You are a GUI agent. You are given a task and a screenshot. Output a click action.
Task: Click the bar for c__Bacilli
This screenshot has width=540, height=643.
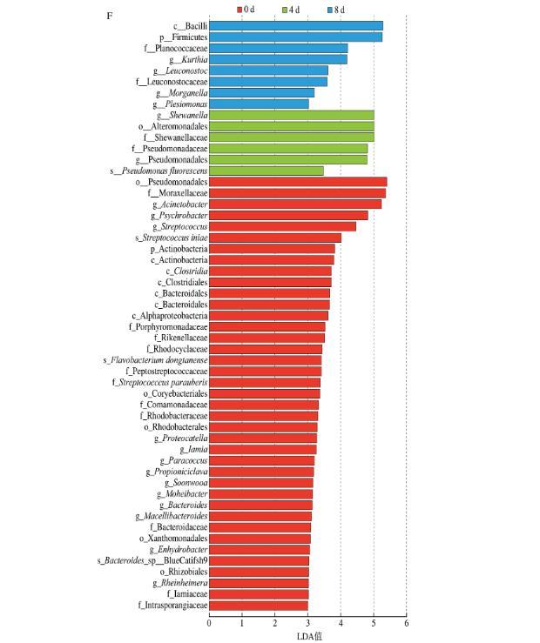(x=296, y=26)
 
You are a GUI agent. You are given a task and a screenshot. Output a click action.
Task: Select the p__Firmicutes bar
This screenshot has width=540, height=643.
(x=296, y=37)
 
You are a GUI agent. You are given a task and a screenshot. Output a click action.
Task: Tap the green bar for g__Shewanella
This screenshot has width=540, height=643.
(x=292, y=115)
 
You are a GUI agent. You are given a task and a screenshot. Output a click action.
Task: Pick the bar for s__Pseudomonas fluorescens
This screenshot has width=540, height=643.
(x=267, y=171)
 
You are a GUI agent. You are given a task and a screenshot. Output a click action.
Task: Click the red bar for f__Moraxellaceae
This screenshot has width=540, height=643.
(x=297, y=193)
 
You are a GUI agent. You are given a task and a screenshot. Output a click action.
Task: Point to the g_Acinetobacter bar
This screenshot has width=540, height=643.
(x=295, y=204)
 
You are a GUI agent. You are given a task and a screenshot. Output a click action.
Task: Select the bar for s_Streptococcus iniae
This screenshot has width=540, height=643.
(x=275, y=238)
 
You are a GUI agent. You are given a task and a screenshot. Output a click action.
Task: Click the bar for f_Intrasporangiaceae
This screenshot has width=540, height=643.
(x=259, y=605)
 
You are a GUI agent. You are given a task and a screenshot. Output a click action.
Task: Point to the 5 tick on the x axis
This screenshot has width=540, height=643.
(x=374, y=622)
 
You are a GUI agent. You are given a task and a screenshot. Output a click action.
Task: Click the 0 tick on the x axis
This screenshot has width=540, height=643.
(x=209, y=622)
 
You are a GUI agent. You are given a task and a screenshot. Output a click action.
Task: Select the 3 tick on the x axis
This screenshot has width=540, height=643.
(x=308, y=622)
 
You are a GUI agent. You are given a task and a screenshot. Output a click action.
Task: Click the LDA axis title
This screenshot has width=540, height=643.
(x=309, y=635)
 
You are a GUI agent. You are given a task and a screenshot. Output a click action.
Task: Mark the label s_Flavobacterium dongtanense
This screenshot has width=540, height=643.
(x=155, y=360)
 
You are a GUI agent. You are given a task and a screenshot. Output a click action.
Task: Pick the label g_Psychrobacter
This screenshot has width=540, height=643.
(x=179, y=215)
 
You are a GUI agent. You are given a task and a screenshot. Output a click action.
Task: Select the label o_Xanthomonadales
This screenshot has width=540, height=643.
(x=172, y=539)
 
